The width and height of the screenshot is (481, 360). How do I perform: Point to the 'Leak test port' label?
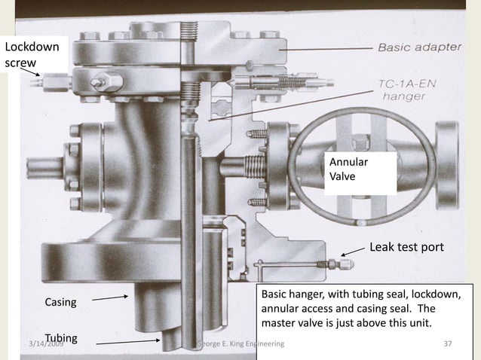(x=406, y=247)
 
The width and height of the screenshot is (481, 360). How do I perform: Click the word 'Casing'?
(x=62, y=303)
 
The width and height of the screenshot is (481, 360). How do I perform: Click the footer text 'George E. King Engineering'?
(x=240, y=344)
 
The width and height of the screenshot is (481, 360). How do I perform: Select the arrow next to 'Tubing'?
(x=128, y=342)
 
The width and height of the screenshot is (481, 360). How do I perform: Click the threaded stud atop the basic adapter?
(x=189, y=31)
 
